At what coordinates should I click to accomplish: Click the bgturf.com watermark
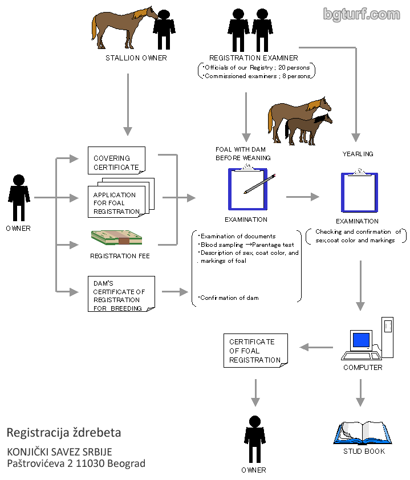pyautogui.click(x=362, y=14)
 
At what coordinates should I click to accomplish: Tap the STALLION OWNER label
pyautogui.click(x=136, y=58)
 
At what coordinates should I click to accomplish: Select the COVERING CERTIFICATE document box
pyautogui.click(x=116, y=162)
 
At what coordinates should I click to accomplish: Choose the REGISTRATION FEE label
pyautogui.click(x=120, y=256)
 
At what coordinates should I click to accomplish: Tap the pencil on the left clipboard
pyautogui.click(x=259, y=184)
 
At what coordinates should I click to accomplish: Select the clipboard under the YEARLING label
pyautogui.click(x=359, y=192)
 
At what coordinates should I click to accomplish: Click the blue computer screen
pyautogui.click(x=362, y=340)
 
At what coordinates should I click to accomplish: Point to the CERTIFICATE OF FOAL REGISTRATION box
pyautogui.click(x=255, y=350)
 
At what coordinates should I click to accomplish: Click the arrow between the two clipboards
pyautogui.click(x=302, y=197)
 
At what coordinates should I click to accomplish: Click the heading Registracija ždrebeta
pyautogui.click(x=64, y=432)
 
